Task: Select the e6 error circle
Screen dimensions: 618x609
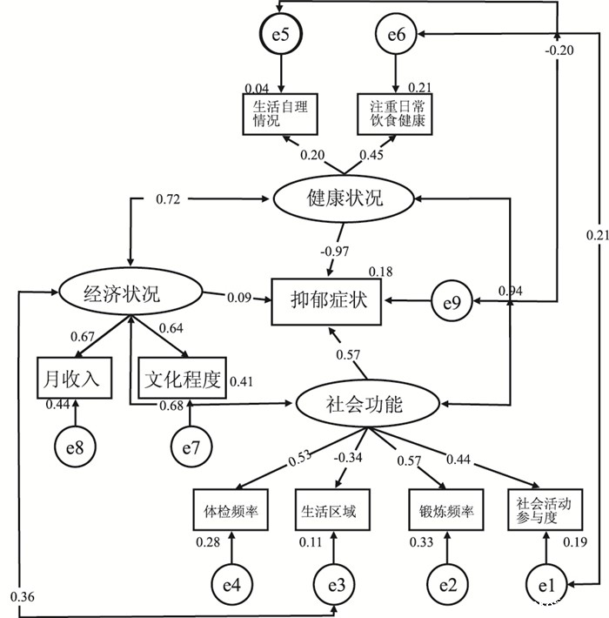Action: pos(397,36)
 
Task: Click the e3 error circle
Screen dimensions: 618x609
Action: pos(332,585)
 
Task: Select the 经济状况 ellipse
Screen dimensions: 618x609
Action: pos(129,293)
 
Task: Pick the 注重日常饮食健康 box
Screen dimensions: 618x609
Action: pos(396,113)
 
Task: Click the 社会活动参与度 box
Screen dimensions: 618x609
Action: pos(545,509)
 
